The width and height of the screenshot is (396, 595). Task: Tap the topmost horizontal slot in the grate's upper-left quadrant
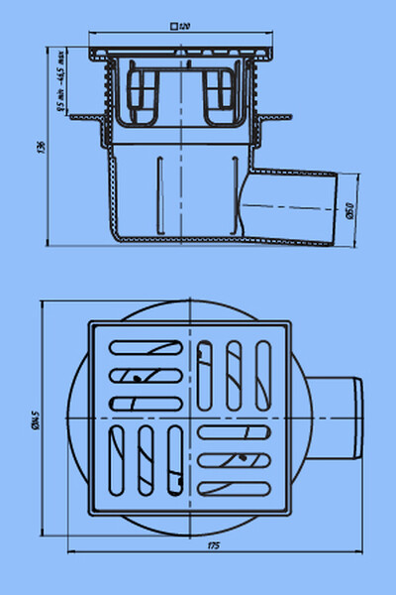coord(145,348)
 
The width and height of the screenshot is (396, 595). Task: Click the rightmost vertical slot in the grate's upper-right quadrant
coord(262,371)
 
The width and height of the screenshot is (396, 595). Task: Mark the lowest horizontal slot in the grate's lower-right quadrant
coord(234,486)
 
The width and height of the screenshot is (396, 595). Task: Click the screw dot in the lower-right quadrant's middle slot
coord(243,458)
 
